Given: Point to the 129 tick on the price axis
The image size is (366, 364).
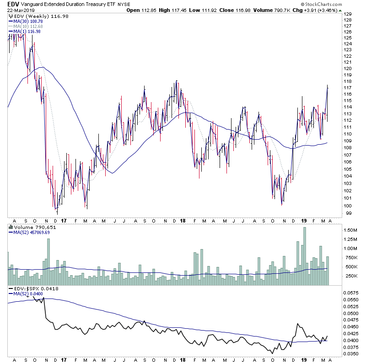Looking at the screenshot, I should pyautogui.click(x=349, y=15).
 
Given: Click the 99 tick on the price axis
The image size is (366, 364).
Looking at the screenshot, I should pyautogui.click(x=347, y=213).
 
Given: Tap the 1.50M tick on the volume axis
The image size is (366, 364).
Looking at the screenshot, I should pyautogui.click(x=350, y=230).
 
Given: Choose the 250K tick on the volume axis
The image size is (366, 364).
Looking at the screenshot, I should pyautogui.click(x=350, y=276).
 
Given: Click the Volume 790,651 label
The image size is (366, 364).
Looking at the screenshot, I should pyautogui.click(x=32, y=227).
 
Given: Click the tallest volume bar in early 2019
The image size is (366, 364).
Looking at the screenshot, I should pyautogui.click(x=305, y=256).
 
